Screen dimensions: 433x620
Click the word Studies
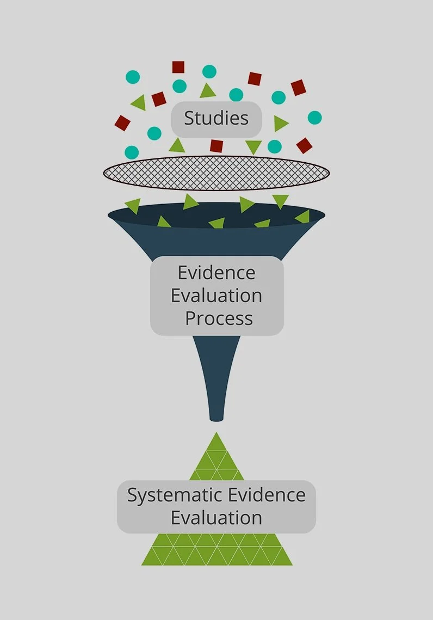point(216,118)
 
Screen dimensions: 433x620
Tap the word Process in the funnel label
point(219,318)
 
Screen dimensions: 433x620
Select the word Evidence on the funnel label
point(216,272)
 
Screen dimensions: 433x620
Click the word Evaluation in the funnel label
point(216,296)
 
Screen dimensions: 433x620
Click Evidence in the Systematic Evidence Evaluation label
point(267,495)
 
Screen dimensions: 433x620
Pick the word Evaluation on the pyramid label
point(216,518)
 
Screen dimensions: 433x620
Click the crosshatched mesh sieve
point(216,174)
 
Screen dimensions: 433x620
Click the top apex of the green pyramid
point(216,434)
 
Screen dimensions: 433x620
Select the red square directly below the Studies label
point(216,146)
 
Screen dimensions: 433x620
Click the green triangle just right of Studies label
point(280,124)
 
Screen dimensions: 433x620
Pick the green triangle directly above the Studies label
point(207,91)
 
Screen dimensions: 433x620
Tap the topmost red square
point(178,67)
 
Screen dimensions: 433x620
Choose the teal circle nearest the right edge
point(314,118)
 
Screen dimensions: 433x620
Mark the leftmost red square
point(122,123)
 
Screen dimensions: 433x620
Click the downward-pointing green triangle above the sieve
point(253,146)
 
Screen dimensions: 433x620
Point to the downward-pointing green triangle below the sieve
point(281,201)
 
